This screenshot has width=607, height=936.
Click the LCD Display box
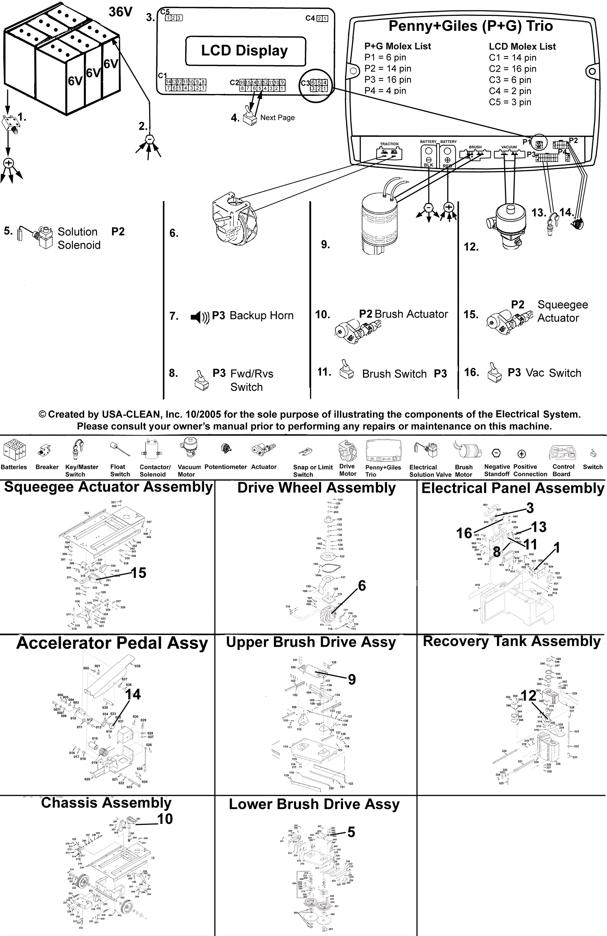[x=245, y=51]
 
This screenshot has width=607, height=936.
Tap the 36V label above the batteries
[x=121, y=12]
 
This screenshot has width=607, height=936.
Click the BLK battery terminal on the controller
[x=429, y=155]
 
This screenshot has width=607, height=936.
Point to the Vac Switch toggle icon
[x=494, y=372]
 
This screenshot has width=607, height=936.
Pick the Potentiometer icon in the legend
[x=226, y=448]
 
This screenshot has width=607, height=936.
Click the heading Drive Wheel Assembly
[x=316, y=488]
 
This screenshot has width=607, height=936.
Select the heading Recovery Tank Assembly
[x=511, y=641]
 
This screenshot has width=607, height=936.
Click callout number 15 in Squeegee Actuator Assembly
[x=138, y=573]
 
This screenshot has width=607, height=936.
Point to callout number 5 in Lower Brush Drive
[x=351, y=832]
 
